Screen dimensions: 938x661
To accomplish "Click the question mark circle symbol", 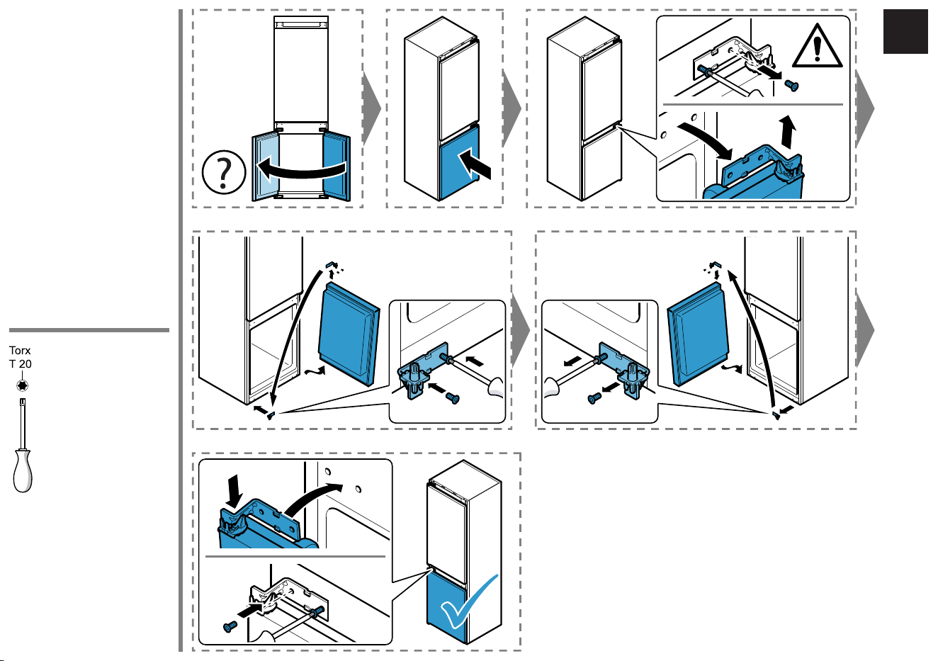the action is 224,172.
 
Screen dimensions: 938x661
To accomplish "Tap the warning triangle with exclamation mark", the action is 817,47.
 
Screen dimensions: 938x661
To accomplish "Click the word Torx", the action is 20,350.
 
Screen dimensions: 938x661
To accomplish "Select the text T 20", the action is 20,364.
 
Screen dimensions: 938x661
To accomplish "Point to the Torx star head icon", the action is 22,385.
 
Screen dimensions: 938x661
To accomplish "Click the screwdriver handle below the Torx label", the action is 23,470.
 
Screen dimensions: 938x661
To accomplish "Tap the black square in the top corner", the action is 905,31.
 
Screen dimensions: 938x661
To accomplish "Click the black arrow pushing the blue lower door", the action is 475,164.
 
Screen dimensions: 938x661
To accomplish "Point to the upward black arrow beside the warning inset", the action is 788,132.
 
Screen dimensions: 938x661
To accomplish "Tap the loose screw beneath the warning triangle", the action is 791,86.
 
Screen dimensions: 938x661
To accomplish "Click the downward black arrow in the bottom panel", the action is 236,491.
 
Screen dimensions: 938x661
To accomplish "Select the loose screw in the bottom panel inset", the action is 230,626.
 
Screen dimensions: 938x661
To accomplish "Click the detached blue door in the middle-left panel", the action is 349,334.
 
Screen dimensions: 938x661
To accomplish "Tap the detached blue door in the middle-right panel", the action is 698,334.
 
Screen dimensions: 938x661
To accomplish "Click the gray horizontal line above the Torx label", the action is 89,330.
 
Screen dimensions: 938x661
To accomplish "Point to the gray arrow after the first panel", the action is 371,109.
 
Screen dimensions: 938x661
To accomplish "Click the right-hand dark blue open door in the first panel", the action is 337,166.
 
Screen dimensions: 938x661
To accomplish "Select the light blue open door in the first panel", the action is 265,166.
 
